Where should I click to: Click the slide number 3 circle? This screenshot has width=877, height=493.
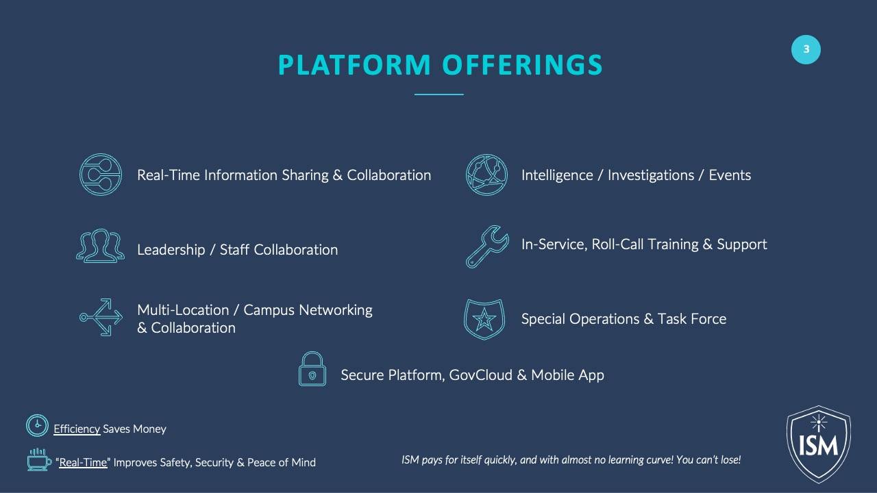(806, 49)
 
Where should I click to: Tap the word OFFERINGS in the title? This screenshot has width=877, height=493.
(523, 64)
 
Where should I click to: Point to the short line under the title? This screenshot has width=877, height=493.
(439, 94)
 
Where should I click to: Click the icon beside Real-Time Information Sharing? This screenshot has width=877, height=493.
(80, 175)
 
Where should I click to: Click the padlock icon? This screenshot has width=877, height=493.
(312, 376)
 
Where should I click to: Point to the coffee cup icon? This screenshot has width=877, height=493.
(38, 462)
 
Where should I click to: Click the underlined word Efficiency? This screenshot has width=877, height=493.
(77, 429)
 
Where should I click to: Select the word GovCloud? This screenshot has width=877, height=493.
(481, 375)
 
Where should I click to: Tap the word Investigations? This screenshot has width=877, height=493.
(651, 175)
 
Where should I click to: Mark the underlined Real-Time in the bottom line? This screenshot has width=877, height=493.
(83, 462)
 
